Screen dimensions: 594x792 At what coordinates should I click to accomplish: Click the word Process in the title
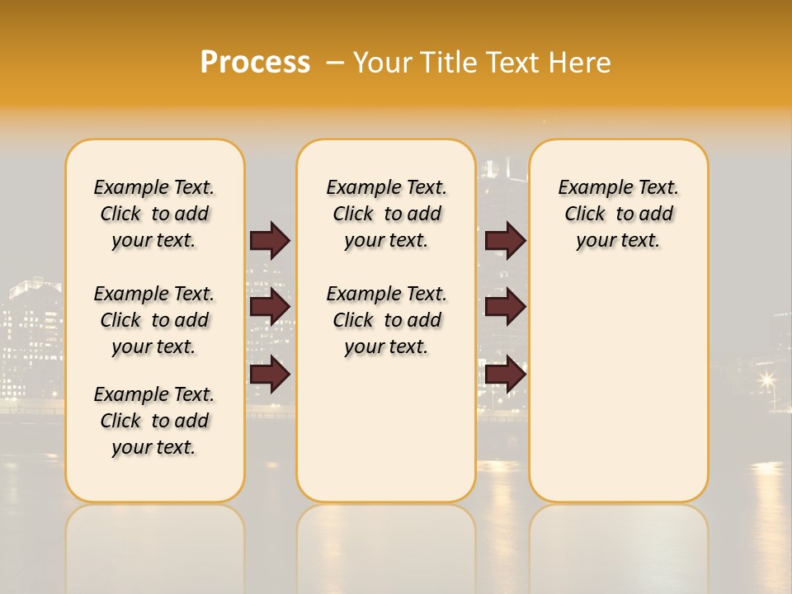coord(255,62)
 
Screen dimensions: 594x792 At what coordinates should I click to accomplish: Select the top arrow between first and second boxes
coord(270,240)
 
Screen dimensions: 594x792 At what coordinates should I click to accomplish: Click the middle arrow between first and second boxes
coord(270,307)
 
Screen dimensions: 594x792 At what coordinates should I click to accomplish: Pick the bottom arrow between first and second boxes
coord(270,375)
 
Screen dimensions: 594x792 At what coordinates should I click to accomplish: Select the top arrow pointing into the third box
coord(505,240)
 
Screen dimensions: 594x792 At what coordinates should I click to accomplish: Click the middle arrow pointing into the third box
coord(505,307)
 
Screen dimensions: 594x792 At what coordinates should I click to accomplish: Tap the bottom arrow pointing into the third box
coord(505,375)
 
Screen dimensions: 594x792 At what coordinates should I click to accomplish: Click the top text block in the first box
coord(154,214)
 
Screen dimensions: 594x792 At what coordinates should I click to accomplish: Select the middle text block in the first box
coord(154,320)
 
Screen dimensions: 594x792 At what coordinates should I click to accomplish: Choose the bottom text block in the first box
coord(154,421)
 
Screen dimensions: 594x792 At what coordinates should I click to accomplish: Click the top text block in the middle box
coord(387,214)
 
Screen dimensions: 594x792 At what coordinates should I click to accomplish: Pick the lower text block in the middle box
coord(387,320)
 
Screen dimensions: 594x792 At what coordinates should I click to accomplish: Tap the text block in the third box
coord(619,214)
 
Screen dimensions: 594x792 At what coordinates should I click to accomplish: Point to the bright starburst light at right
coord(767,379)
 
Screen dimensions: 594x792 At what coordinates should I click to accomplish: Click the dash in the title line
coord(335,63)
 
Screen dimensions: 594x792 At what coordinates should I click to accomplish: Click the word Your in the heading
coord(383,63)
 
